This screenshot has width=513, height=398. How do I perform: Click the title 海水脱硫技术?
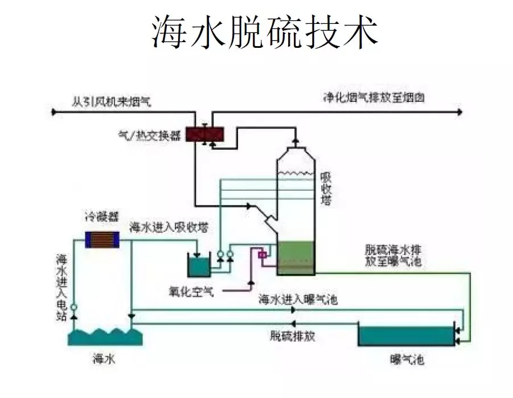point(265,32)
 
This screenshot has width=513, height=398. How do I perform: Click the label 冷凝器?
point(102,217)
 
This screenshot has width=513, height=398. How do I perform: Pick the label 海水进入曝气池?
point(298,299)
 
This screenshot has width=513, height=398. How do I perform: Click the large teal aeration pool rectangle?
point(405,334)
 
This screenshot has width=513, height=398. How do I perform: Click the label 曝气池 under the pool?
point(407,360)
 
